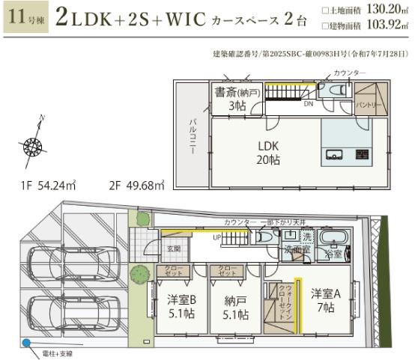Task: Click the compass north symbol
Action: pyautogui.click(x=34, y=144)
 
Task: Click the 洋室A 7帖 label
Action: pyautogui.click(x=324, y=301)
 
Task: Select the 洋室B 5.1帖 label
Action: pyautogui.click(x=181, y=306)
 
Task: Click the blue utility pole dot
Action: pyautogui.click(x=26, y=344)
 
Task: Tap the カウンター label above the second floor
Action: pyautogui.click(x=351, y=72)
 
